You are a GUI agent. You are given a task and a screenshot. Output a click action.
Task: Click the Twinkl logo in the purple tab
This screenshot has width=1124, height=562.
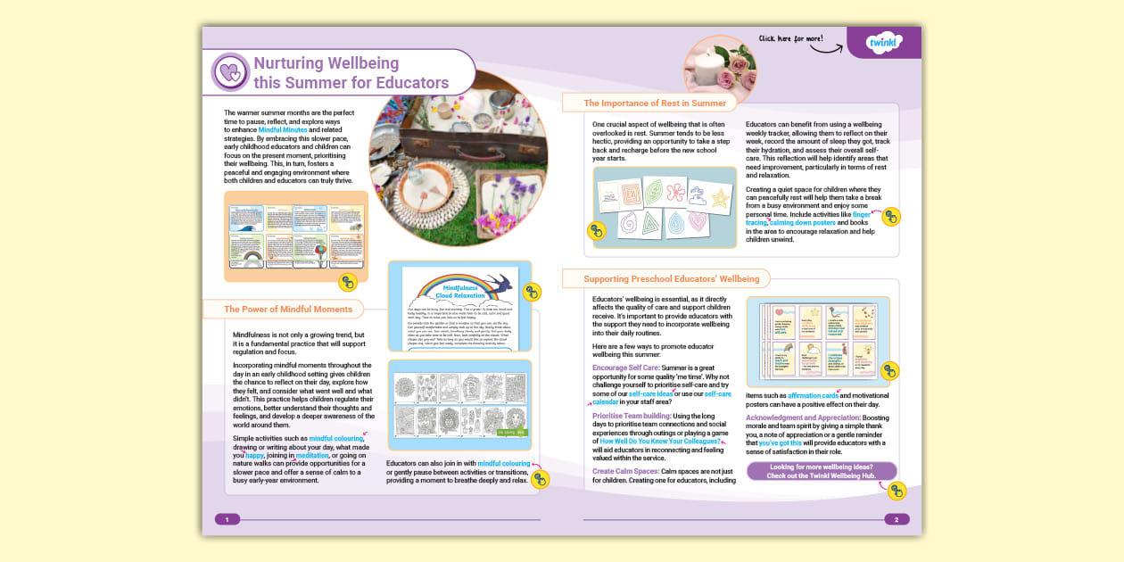point(885,42)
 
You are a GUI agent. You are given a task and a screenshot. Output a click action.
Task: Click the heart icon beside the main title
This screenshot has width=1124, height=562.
point(230,72)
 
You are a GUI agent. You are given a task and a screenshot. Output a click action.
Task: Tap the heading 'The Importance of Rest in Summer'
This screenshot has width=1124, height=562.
point(655,103)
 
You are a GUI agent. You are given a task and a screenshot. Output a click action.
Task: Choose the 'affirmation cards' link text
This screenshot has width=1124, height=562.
point(813,394)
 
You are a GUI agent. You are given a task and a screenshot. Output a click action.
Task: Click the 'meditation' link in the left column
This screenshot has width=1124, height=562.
point(312,455)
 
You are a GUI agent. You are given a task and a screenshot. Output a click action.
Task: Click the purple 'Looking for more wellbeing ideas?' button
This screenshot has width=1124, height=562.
point(821,471)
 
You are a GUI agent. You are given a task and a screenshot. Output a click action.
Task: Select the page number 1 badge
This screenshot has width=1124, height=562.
point(227,519)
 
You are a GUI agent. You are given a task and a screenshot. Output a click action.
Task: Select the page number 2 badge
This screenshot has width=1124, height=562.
point(897,519)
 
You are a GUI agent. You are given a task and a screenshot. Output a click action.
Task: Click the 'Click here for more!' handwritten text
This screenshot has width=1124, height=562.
point(789,38)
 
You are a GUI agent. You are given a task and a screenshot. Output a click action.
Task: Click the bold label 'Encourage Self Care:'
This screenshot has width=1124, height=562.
point(625,368)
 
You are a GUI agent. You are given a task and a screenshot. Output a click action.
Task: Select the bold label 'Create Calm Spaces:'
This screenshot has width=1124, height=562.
point(625,470)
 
